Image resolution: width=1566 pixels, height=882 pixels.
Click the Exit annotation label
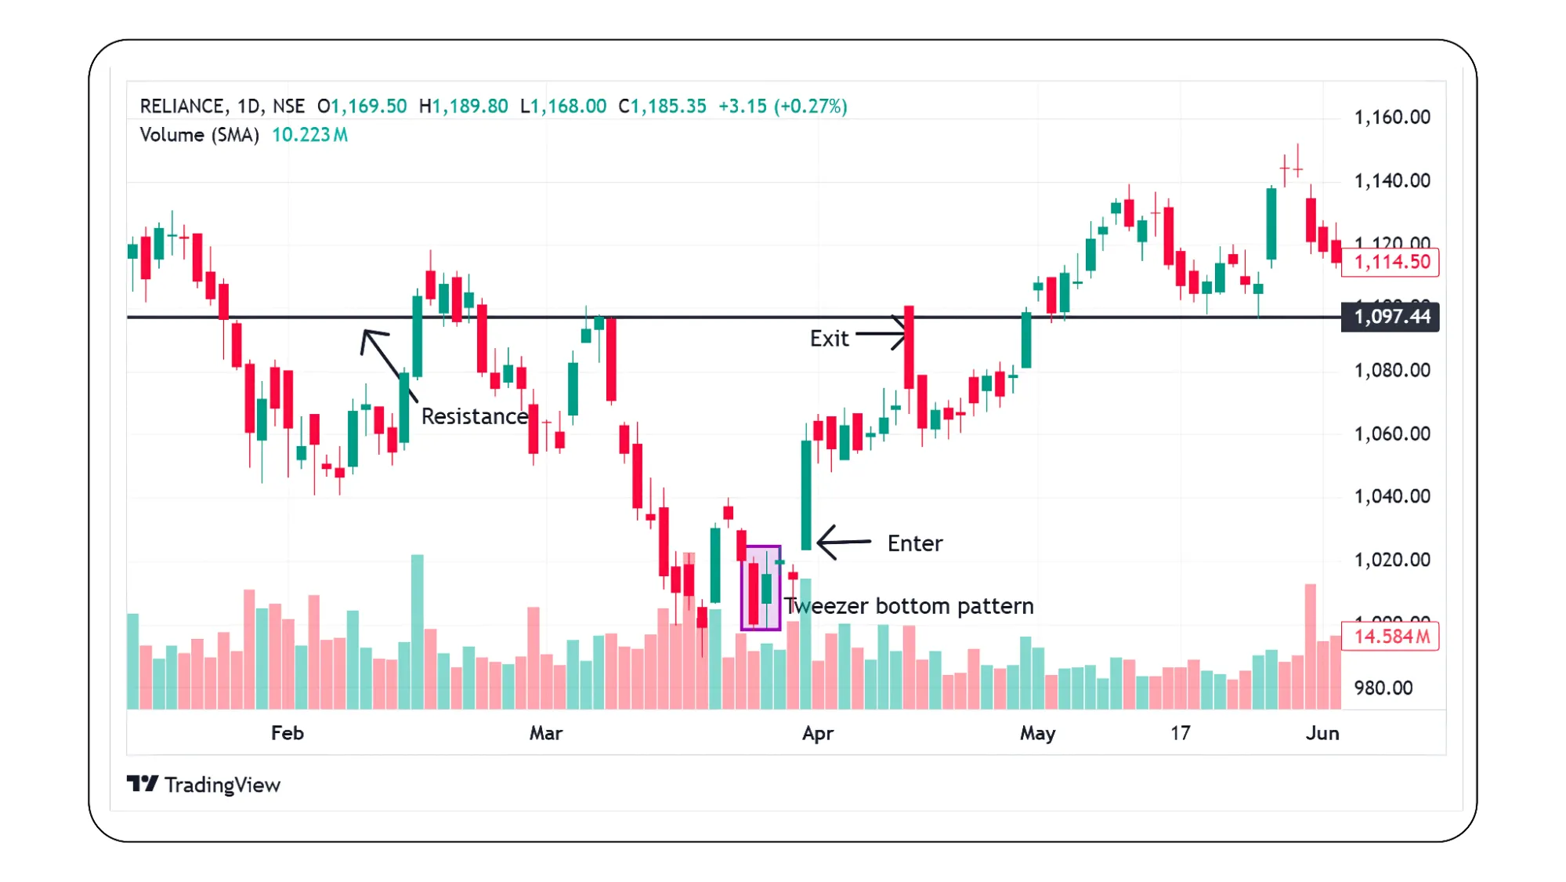pos(829,339)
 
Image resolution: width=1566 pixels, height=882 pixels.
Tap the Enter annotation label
pos(914,543)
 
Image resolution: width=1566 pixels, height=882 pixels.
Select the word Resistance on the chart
pos(475,416)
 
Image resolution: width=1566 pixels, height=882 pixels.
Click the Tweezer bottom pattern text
pos(909,606)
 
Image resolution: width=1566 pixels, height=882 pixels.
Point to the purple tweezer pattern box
pos(761,588)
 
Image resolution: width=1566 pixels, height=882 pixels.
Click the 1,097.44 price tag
pos(1391,317)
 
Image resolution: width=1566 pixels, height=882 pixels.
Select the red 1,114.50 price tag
pos(1391,262)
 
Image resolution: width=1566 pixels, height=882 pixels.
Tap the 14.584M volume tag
pos(1391,637)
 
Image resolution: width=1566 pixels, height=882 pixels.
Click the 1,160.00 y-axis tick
pos(1392,118)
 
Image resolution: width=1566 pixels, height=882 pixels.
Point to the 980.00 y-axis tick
pos(1383,688)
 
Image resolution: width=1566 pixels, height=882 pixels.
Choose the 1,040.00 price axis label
pos(1392,496)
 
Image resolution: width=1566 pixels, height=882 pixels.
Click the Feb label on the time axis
pos(288,733)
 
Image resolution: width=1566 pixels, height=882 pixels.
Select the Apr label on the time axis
pos(818,733)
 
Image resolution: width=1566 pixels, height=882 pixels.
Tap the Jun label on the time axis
pos(1322,733)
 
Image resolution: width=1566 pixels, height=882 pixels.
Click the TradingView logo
pos(204,785)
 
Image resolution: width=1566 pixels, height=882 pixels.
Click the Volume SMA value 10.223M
pos(310,135)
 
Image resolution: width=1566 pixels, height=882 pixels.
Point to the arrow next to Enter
pos(843,542)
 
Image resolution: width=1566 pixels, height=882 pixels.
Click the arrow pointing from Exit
pos(881,334)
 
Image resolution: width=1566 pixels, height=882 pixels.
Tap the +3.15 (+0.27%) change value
pos(783,107)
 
